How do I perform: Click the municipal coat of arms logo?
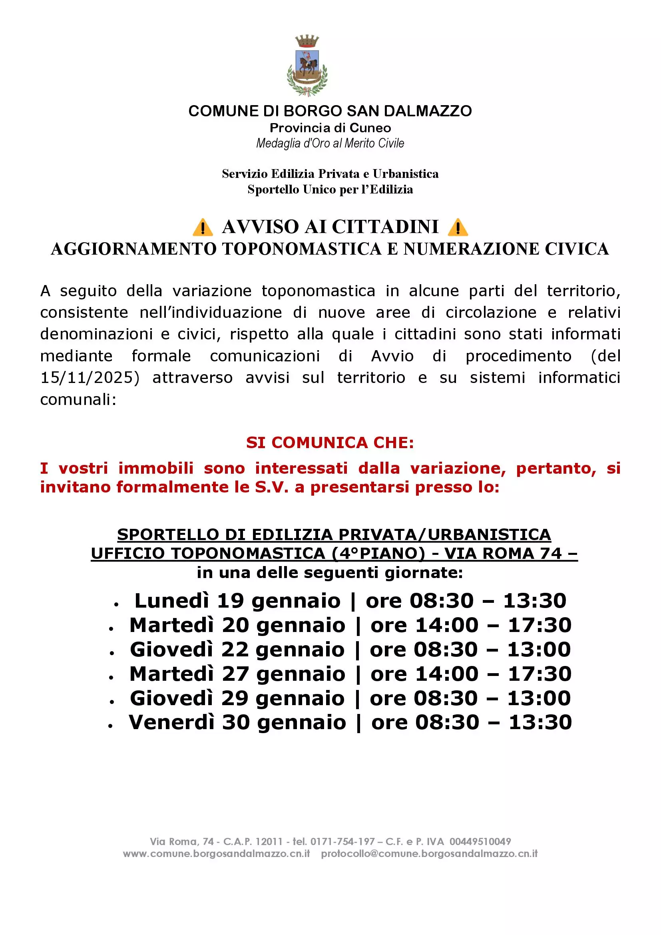(x=307, y=66)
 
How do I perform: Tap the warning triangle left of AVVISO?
(x=203, y=227)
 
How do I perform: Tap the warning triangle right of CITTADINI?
(x=458, y=227)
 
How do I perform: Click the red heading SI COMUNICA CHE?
(x=330, y=443)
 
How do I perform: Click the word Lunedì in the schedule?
(x=172, y=601)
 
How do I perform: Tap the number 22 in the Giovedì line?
(x=235, y=649)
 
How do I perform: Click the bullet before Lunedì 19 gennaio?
(x=116, y=605)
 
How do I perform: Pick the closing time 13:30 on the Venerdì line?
(x=540, y=722)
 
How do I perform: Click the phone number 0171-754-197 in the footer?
(x=342, y=841)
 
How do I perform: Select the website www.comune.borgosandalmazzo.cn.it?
(x=216, y=853)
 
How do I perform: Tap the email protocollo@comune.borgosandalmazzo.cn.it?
(x=429, y=853)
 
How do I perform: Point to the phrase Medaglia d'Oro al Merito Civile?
(x=330, y=144)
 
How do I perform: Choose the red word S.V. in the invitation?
(x=271, y=487)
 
